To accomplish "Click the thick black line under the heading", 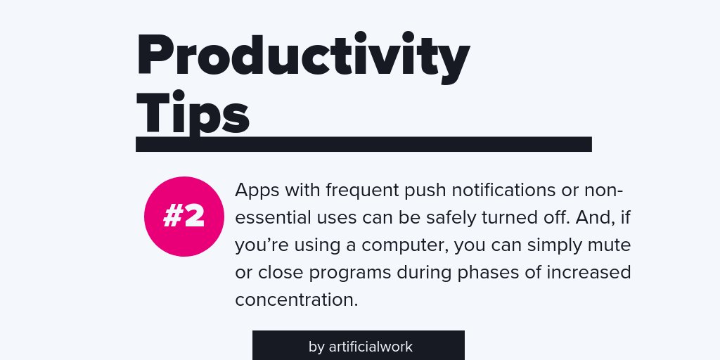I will tap(364, 144).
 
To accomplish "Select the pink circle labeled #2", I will tap(184, 217).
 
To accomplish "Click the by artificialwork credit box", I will tap(359, 346).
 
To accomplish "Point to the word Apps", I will tap(257, 191).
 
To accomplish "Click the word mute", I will tap(609, 245).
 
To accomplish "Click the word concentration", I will tap(297, 299).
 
